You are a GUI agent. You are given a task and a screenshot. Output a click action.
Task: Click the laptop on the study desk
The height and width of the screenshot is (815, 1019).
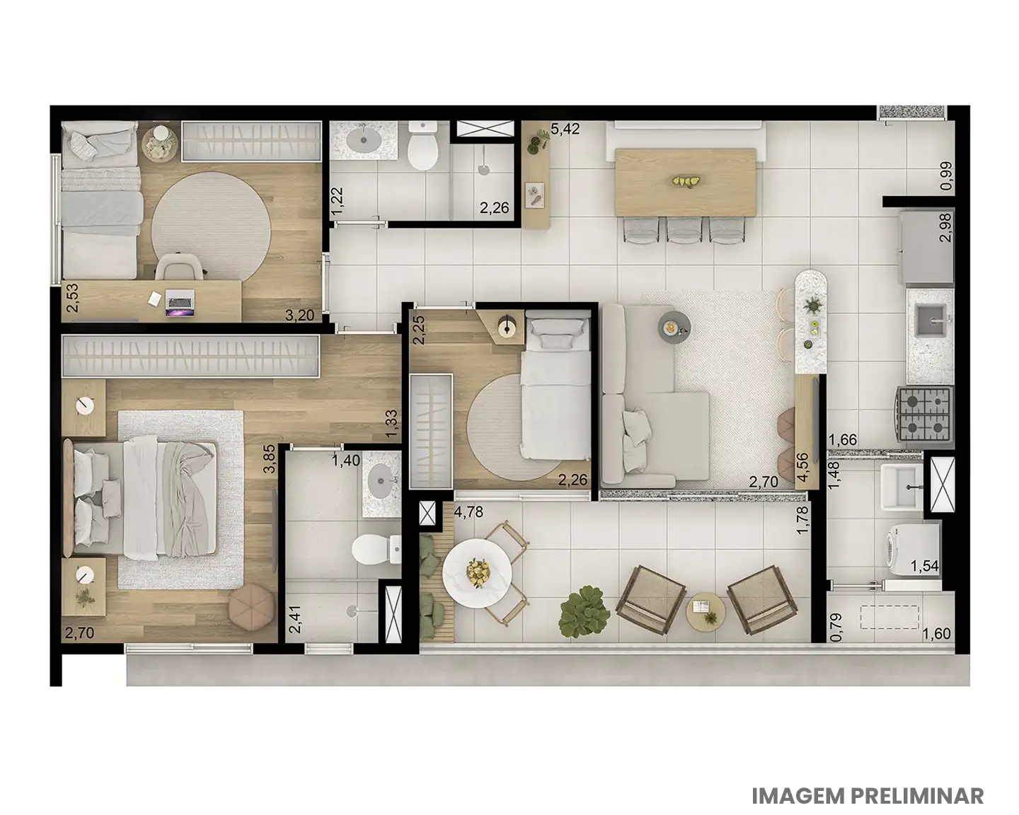coord(180,303)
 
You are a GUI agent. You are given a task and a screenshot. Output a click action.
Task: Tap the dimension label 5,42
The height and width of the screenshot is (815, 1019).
coord(565,129)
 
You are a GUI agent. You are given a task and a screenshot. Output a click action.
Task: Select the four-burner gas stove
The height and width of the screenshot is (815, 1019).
coord(923,415)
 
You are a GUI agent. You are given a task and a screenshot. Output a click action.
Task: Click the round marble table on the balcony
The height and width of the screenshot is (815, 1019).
coord(477,573)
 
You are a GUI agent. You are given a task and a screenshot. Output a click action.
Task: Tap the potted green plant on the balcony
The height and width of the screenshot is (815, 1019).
coord(584,611)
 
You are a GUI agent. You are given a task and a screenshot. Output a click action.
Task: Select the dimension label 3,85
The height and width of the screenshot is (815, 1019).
coord(270,458)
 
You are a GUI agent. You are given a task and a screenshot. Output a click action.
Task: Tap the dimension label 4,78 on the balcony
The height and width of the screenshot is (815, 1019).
coord(468,512)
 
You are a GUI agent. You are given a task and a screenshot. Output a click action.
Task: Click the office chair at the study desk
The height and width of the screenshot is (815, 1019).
coord(179,267)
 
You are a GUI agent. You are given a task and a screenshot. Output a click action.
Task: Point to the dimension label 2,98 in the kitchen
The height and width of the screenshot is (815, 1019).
coord(946,228)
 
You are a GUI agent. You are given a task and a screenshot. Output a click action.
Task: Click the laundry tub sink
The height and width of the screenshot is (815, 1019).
coord(902,487)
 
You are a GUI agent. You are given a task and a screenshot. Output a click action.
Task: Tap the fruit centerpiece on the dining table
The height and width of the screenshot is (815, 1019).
coord(684,181)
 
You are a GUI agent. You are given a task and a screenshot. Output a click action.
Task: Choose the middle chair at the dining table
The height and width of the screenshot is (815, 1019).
coord(685,230)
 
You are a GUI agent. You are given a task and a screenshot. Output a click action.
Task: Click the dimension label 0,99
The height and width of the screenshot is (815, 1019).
coord(946,175)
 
